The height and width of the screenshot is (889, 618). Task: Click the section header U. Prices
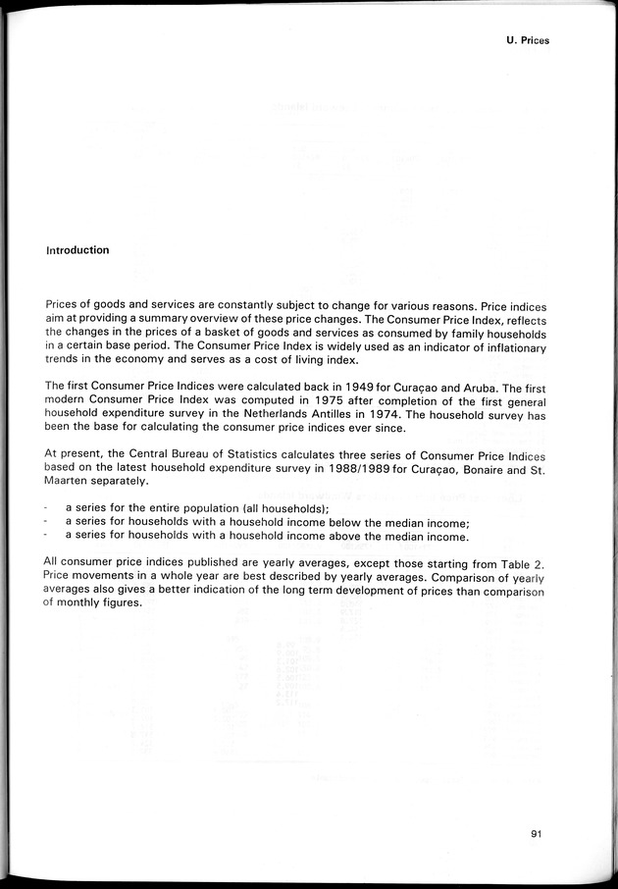coord(528,40)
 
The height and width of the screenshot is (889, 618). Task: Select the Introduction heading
coord(77,250)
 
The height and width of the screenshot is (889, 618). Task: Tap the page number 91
coord(536,834)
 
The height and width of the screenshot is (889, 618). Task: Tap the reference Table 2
coord(522,562)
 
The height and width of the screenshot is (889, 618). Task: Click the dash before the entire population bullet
coord(48,508)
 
